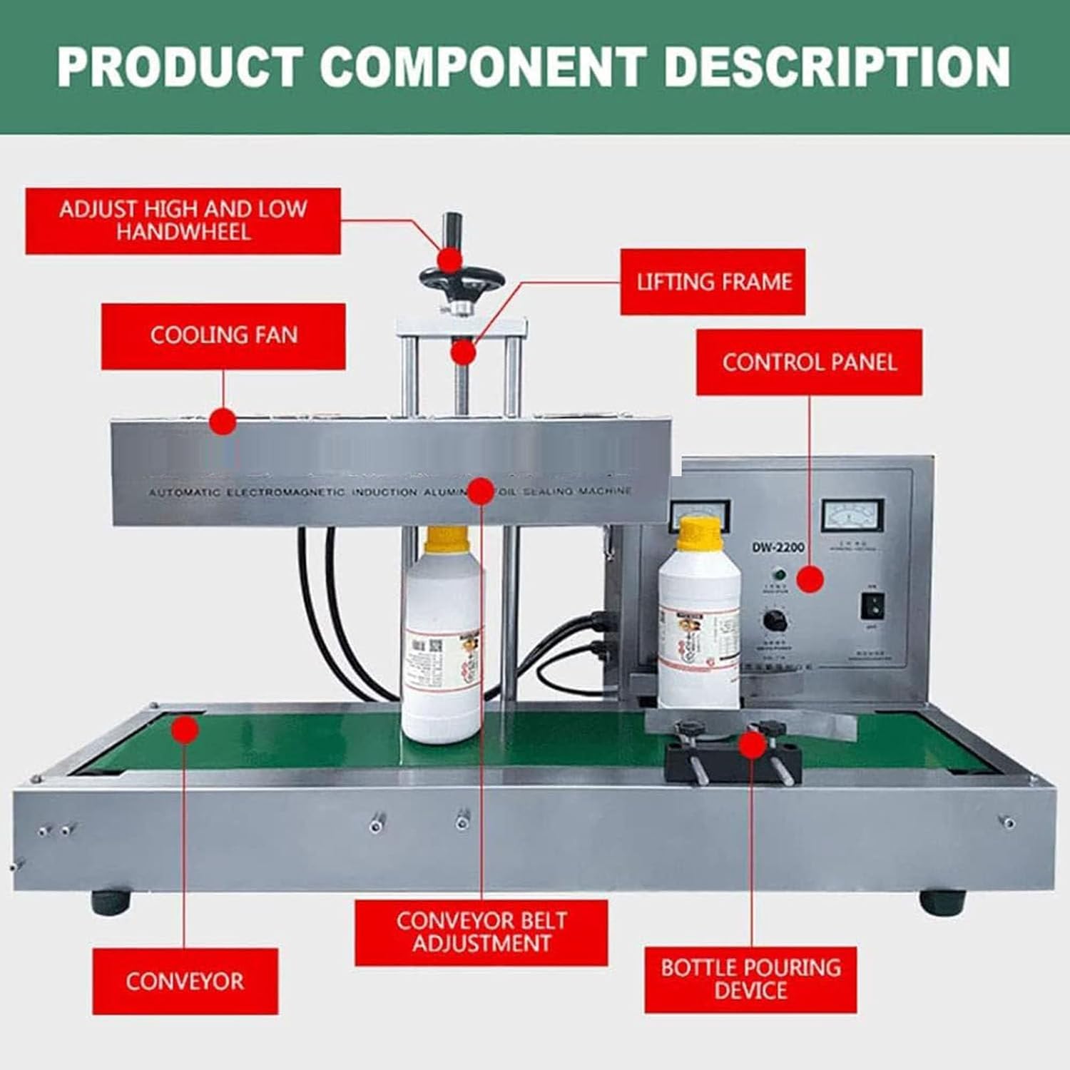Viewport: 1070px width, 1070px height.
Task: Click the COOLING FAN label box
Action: (223, 336)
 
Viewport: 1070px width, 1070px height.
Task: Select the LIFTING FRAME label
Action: (713, 282)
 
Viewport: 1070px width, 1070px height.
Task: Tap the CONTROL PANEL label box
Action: (809, 362)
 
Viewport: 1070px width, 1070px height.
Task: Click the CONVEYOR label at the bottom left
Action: (185, 981)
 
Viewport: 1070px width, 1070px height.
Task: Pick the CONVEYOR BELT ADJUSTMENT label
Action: (481, 932)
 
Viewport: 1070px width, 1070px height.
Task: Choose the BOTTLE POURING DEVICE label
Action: (750, 979)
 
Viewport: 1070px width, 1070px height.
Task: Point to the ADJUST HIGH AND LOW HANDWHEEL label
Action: (183, 221)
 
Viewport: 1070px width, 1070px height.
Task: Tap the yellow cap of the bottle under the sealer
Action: (447, 541)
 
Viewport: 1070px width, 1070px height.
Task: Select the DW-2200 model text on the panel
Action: (777, 547)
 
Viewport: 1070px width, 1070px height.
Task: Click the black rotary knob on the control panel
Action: (775, 619)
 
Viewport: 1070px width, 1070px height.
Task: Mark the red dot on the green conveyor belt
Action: (185, 730)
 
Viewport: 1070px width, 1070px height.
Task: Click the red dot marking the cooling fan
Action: (223, 422)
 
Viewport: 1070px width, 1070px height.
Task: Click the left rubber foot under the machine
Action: (111, 902)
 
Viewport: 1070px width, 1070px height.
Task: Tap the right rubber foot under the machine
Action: (942, 902)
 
